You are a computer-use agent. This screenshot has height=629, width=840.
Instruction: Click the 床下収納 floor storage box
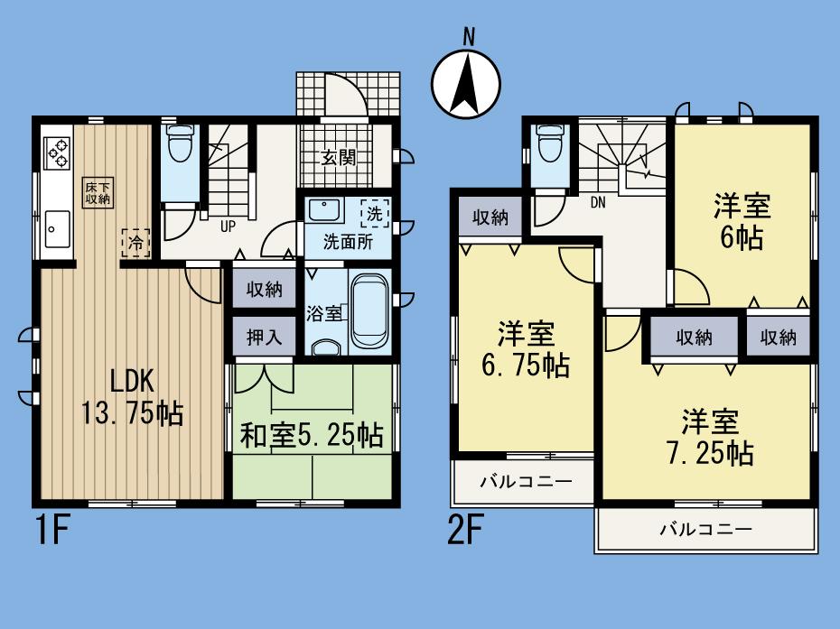(98, 192)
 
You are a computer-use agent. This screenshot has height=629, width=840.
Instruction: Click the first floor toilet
(182, 144)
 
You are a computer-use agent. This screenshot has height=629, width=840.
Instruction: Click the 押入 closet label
(264, 338)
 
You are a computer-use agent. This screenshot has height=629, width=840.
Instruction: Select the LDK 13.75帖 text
(133, 396)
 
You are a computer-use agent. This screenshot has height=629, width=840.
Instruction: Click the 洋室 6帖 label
(742, 222)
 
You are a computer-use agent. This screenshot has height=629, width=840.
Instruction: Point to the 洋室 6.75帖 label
(525, 350)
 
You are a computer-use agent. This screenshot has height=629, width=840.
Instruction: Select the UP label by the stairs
(229, 227)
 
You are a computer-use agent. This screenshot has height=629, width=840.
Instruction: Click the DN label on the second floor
(597, 203)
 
